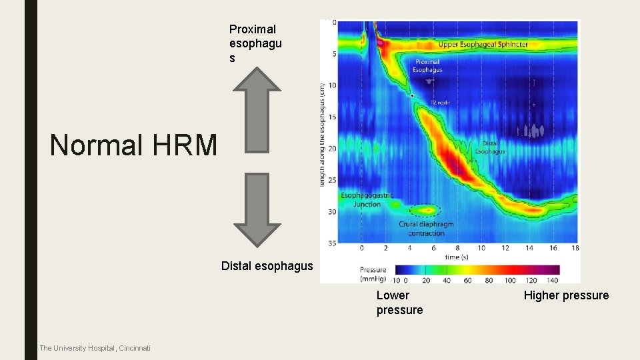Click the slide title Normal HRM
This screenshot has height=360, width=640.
133,145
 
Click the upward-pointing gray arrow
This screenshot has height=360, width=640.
259,110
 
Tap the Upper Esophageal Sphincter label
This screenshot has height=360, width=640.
483,45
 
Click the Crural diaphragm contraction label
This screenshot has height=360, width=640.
426,229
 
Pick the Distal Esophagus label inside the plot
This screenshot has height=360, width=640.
490,147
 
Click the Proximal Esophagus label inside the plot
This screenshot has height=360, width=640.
427,65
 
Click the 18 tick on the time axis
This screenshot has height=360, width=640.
575,248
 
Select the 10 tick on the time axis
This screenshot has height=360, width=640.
481,248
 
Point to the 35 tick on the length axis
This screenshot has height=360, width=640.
331,242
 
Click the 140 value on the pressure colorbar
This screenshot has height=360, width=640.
553,280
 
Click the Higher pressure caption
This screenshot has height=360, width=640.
566,295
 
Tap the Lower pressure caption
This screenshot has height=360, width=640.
399,302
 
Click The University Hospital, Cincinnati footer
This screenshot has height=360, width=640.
95,348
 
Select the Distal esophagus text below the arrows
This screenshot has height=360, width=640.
267,266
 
